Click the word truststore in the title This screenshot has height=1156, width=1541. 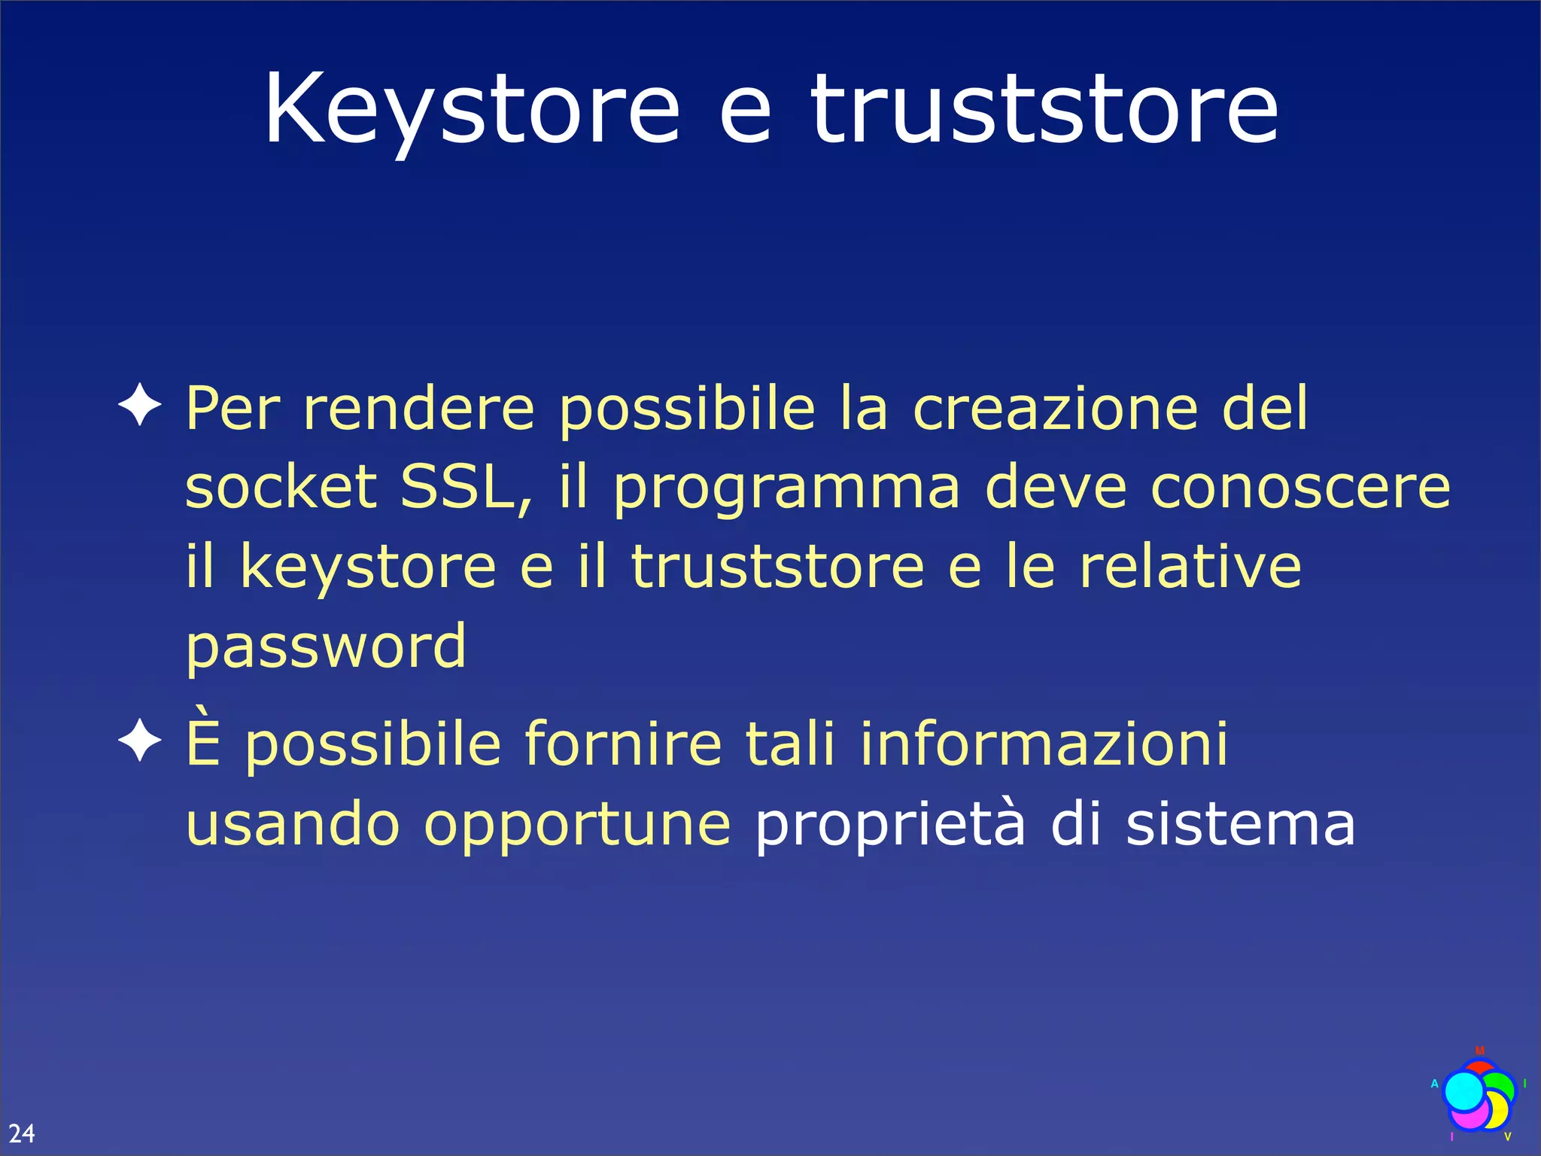1044,110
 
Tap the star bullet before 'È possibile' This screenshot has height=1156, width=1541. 140,741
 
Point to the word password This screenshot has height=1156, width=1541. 326,646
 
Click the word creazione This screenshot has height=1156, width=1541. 1055,408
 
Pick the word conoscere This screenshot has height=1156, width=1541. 1300,488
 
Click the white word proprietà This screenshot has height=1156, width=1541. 890,825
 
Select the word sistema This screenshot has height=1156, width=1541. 1241,823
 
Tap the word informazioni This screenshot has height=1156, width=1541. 1044,744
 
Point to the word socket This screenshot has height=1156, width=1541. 281,487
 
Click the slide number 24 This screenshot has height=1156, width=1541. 22,1133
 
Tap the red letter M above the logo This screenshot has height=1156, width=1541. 1480,1051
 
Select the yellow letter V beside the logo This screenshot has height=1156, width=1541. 1507,1136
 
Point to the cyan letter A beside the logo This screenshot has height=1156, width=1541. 1434,1084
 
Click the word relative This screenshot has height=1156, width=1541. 1190,567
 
